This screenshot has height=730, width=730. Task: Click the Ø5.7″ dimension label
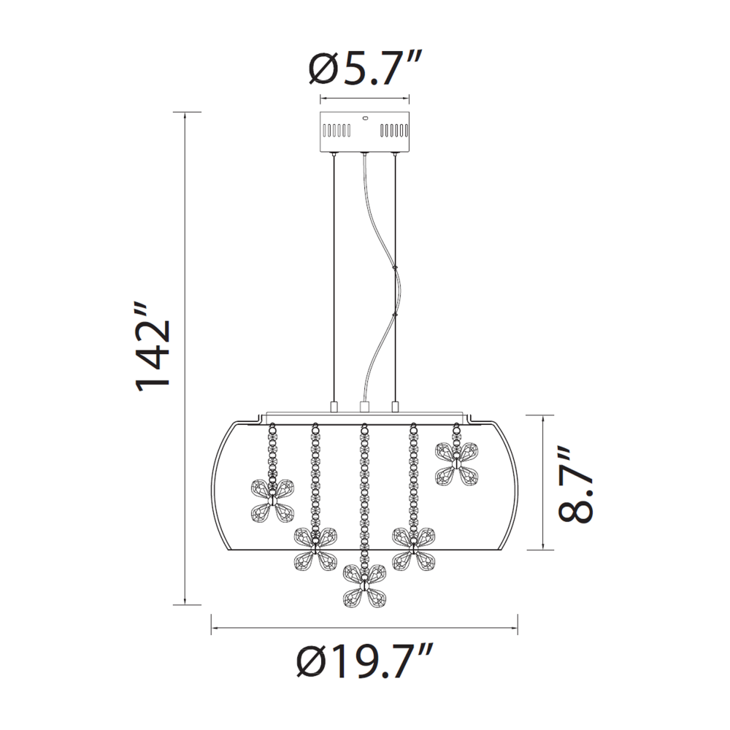click(x=365, y=68)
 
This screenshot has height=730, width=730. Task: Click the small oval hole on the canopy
click(x=364, y=118)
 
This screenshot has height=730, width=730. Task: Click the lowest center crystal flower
click(x=364, y=586)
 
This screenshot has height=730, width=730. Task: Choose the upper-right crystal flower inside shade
click(x=456, y=464)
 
